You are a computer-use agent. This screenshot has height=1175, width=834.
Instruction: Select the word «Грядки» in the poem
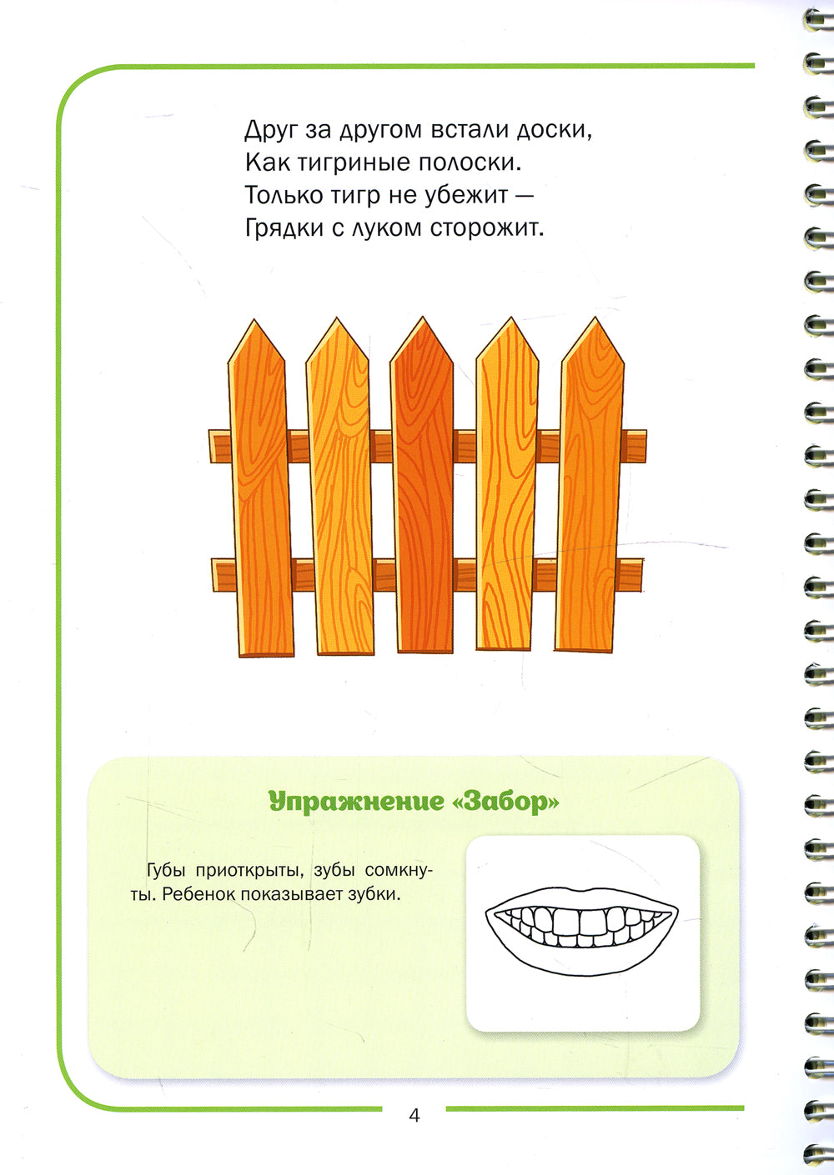click(284, 228)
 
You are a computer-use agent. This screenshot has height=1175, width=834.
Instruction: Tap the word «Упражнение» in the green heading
click(355, 802)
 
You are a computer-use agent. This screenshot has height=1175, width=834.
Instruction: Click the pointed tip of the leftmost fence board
click(254, 319)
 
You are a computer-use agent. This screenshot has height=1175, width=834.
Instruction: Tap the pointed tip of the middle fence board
click(423, 317)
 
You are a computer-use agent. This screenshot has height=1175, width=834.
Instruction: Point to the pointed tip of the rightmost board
click(595, 317)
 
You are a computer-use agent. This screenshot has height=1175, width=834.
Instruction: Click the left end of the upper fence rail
click(210, 447)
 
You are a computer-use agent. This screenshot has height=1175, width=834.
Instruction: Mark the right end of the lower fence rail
click(642, 575)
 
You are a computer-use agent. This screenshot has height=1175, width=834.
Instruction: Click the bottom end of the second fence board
click(345, 653)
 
